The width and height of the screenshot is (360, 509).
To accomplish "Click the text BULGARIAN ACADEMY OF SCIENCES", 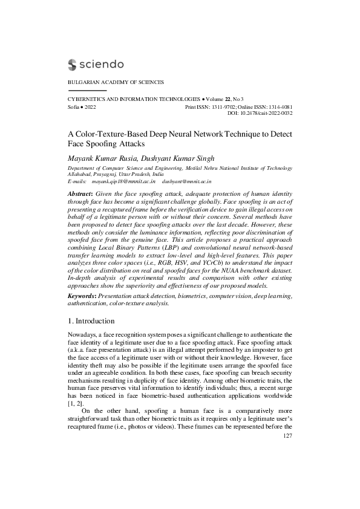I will [x=116, y=82].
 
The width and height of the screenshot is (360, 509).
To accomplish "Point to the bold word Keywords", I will [x=81, y=296].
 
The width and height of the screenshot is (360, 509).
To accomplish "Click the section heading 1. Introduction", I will [x=96, y=320].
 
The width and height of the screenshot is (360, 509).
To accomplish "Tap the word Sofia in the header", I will [x=74, y=106].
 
